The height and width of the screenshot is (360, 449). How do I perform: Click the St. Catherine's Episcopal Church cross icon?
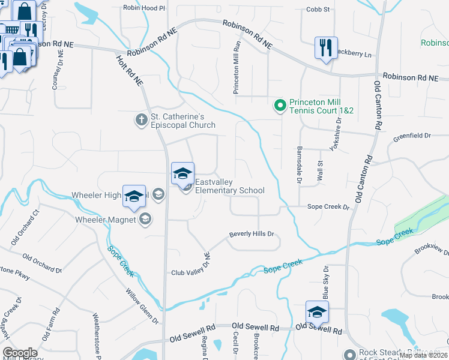(x=141, y=120)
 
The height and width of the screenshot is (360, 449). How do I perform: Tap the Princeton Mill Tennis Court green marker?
(x=279, y=106)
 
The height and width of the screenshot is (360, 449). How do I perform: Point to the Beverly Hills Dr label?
(x=251, y=234)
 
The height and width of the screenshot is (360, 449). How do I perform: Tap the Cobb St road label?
(x=318, y=10)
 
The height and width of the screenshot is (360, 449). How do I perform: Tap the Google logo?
(x=20, y=353)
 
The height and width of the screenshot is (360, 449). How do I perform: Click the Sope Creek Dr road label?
(x=328, y=207)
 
